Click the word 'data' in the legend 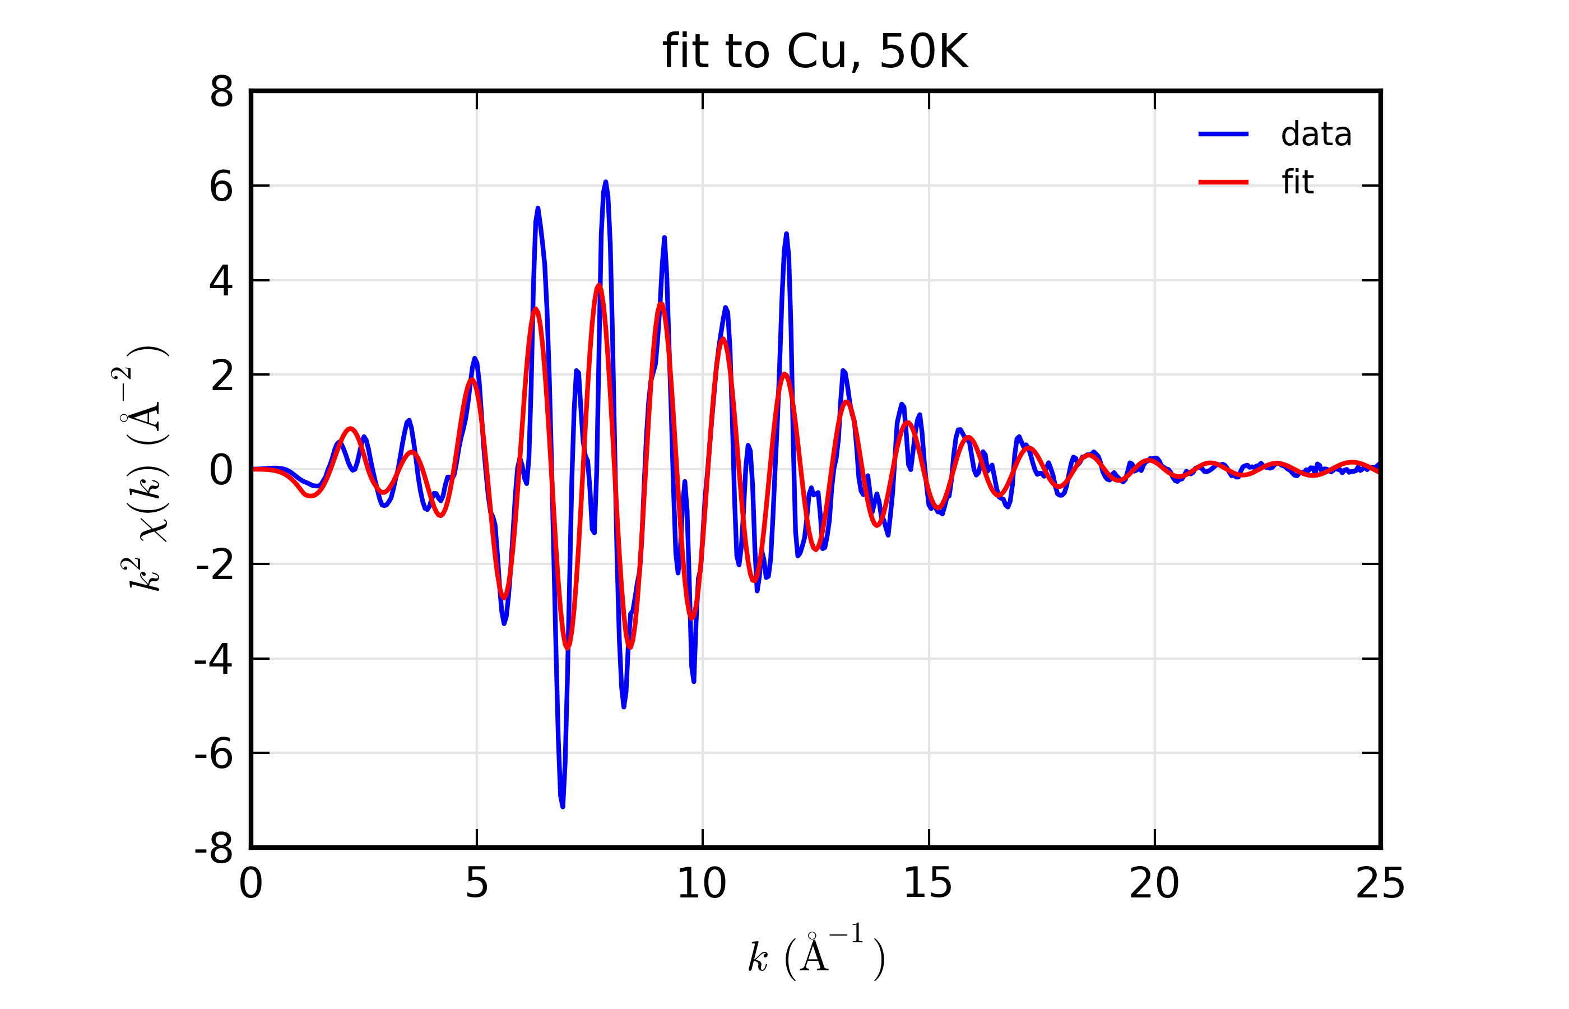pyautogui.click(x=1316, y=135)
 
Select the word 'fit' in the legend pyautogui.click(x=1297, y=182)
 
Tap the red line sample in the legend pyautogui.click(x=1223, y=182)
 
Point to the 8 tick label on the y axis pyautogui.click(x=221, y=92)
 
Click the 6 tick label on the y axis pyautogui.click(x=221, y=187)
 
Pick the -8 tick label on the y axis pyautogui.click(x=214, y=849)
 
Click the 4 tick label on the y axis pyautogui.click(x=221, y=281)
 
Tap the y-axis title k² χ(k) pyautogui.click(x=141, y=469)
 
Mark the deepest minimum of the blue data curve pyautogui.click(x=563, y=806)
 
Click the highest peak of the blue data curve pyautogui.click(x=605, y=182)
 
